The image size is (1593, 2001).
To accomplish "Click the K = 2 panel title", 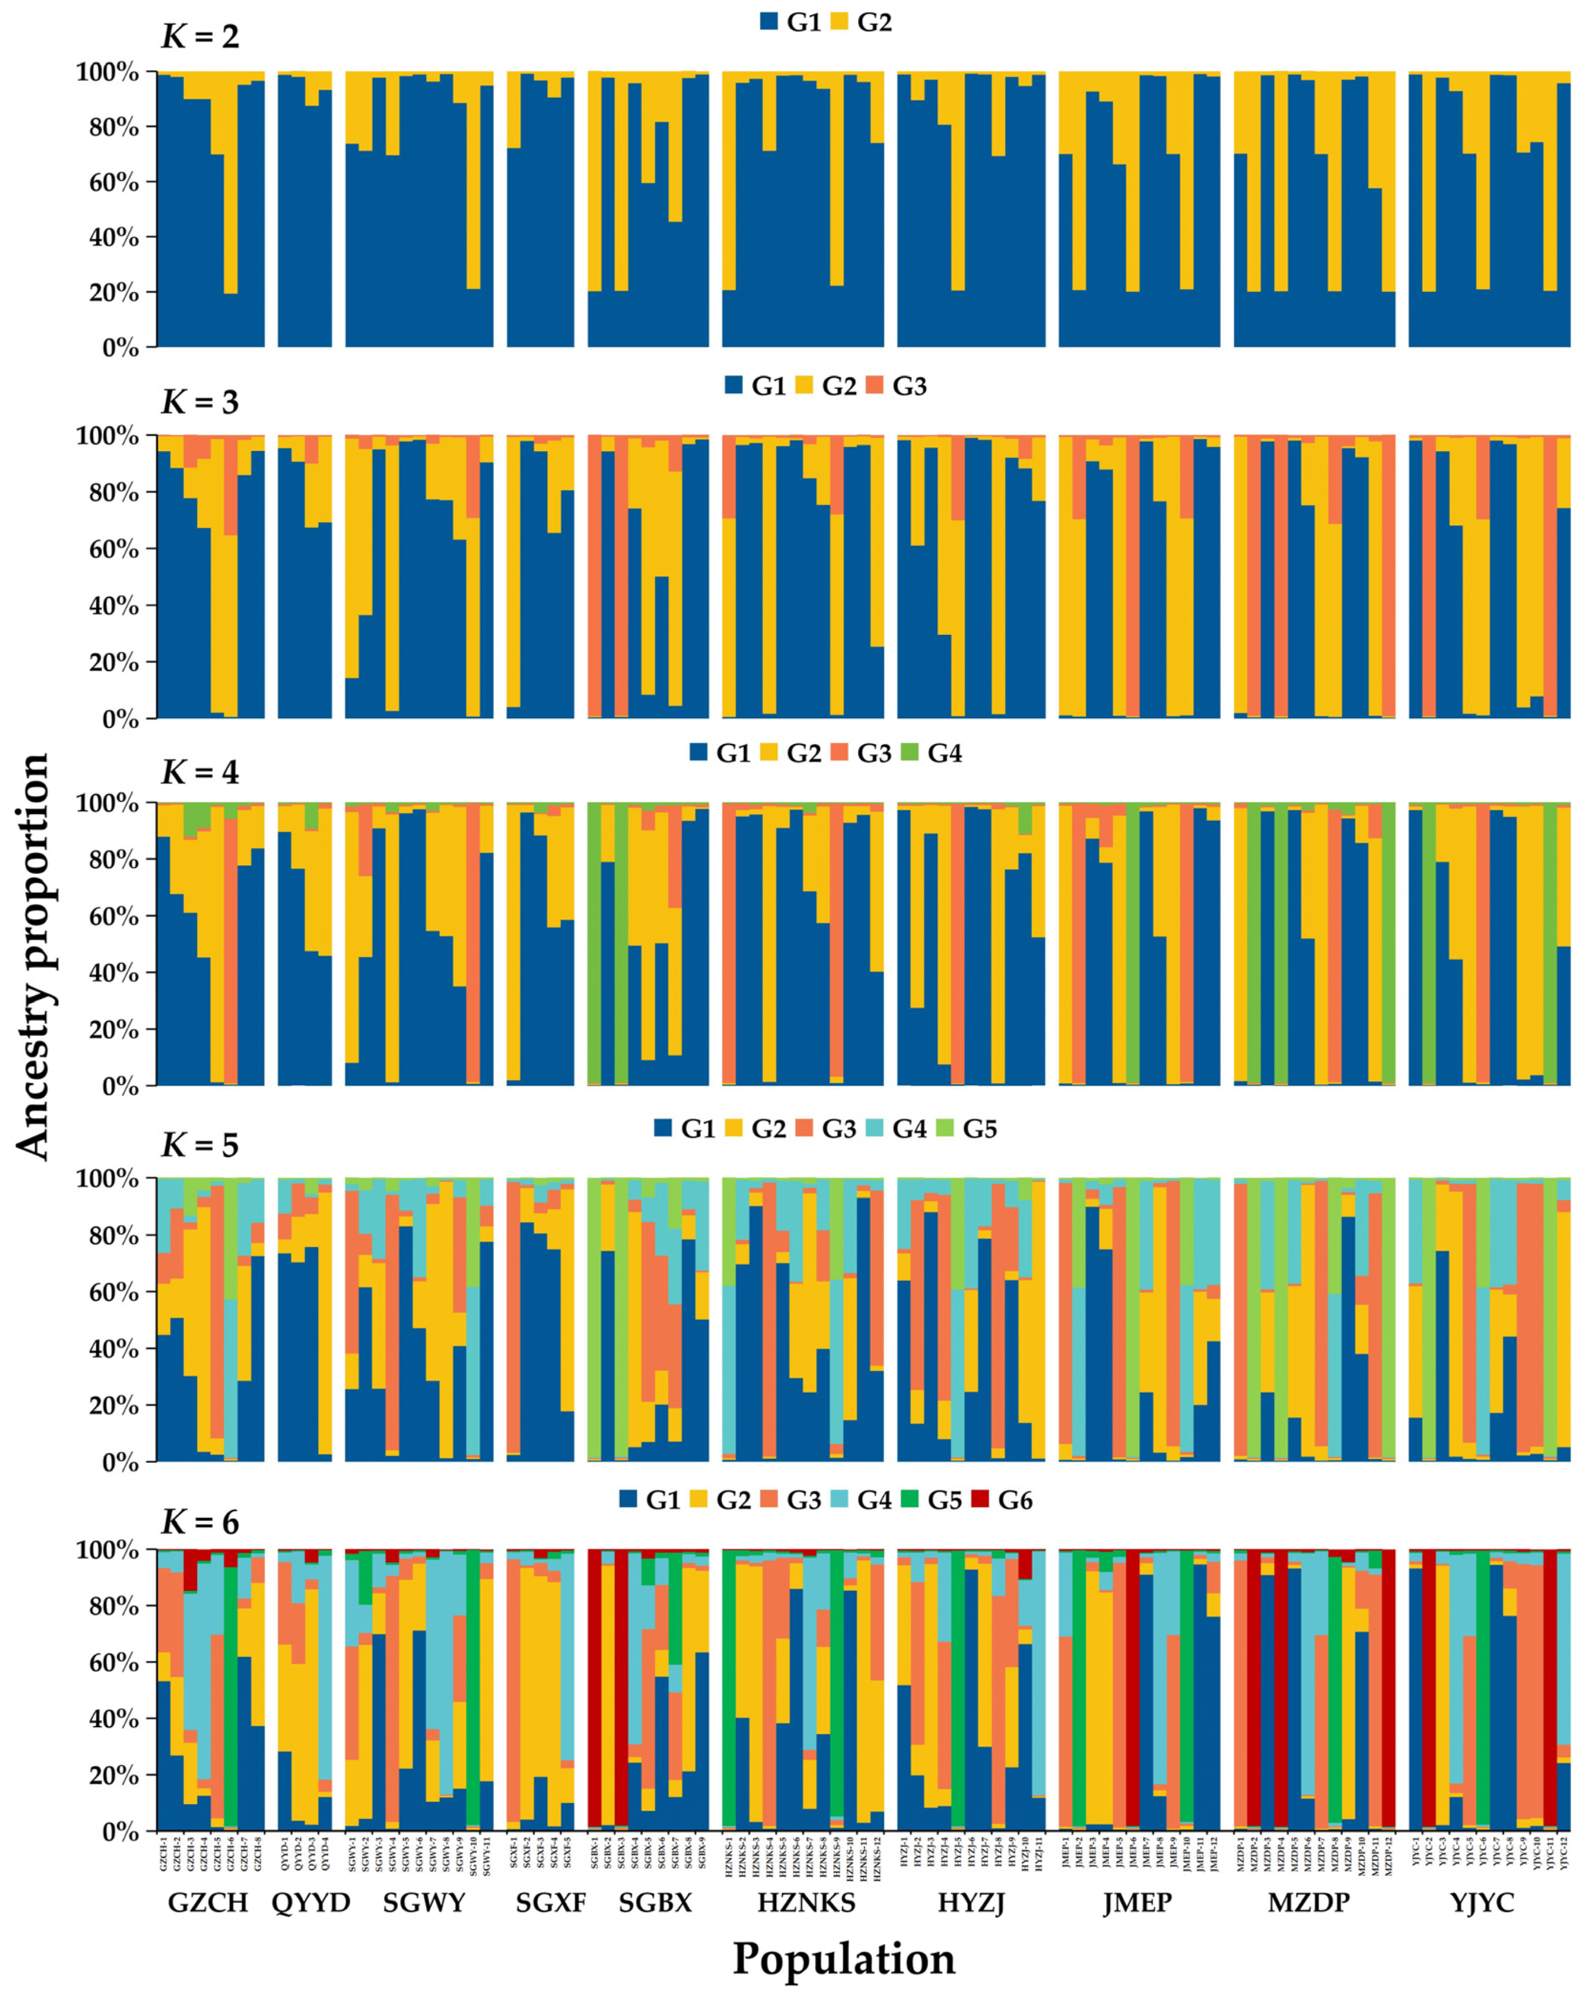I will coord(200,37).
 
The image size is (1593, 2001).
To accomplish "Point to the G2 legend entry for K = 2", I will coord(861,22).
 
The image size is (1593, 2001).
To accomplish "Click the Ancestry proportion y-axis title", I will coord(34,956).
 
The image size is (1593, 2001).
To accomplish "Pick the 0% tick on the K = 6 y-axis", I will coord(121,1832).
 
